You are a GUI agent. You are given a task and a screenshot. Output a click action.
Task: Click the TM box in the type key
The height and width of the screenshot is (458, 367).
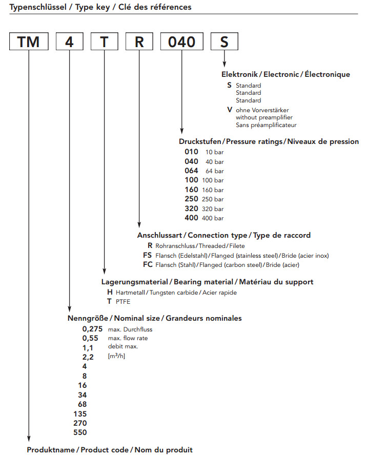(29, 41)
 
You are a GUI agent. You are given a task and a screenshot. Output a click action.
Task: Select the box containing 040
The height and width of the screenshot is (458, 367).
(182, 41)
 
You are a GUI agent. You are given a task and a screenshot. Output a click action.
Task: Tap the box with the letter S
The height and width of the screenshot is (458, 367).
(224, 41)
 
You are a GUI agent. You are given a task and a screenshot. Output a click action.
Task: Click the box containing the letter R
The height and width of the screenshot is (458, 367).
(139, 41)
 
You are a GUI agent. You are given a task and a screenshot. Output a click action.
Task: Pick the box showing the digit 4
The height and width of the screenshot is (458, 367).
(69, 41)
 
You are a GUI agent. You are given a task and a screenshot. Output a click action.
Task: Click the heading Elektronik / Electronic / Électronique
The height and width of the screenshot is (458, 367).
(286, 74)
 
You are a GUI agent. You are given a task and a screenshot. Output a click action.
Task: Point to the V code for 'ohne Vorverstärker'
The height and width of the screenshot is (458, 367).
(229, 110)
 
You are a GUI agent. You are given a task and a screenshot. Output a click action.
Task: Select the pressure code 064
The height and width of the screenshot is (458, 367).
(191, 171)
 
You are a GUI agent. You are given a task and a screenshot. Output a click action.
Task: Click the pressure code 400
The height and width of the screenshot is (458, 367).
(191, 218)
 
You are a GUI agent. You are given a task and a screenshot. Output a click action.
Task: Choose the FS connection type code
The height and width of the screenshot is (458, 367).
(148, 255)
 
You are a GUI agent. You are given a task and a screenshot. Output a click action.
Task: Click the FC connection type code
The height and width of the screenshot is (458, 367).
(148, 264)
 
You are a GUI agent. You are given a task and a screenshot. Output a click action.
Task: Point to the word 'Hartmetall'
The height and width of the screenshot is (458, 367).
(130, 293)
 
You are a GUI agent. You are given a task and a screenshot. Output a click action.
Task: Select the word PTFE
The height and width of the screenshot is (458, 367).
(123, 302)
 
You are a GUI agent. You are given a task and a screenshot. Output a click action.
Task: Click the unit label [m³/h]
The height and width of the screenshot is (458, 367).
(116, 356)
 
